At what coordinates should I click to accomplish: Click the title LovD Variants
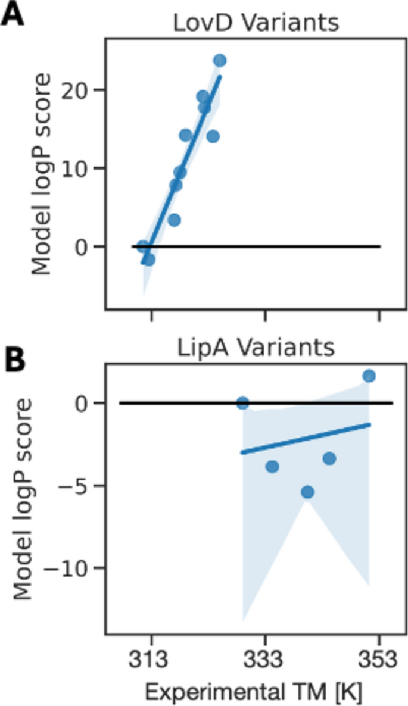tap(256, 23)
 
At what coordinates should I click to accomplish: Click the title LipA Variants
tap(256, 348)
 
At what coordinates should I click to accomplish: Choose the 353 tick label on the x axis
tap(378, 660)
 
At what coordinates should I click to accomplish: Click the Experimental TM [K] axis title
tap(254, 692)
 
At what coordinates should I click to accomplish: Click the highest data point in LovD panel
tap(220, 60)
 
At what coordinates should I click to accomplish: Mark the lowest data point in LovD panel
tap(149, 260)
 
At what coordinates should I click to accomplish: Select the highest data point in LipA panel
tap(369, 376)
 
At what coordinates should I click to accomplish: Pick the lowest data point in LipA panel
tap(307, 492)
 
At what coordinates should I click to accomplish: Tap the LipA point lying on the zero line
tap(242, 403)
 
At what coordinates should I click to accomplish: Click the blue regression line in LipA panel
tap(304, 439)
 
